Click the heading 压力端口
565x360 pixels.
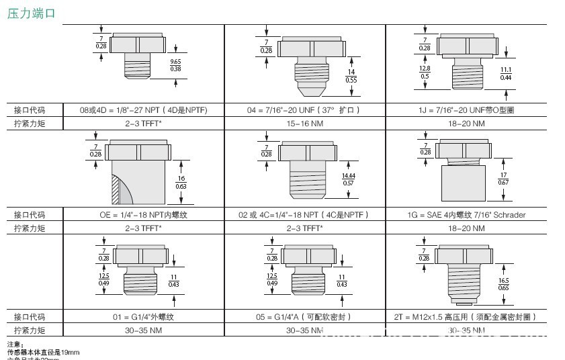[x=32, y=13]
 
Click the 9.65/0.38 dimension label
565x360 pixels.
[x=175, y=65]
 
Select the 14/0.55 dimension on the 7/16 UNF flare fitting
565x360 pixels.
[x=351, y=76]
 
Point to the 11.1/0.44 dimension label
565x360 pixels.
[x=507, y=74]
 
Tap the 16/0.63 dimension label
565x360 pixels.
[x=181, y=182]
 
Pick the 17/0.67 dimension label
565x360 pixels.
[x=503, y=179]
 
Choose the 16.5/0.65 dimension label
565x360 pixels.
[x=503, y=284]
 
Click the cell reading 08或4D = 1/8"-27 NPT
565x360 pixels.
[x=143, y=110]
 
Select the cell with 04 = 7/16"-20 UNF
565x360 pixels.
[x=304, y=110]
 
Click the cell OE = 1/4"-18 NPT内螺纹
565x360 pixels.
[x=143, y=215]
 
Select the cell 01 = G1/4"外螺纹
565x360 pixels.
[x=143, y=316]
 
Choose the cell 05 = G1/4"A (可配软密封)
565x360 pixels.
[x=304, y=316]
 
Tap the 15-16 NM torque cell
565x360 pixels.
[x=304, y=124]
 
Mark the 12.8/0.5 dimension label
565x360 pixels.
[x=425, y=73]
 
